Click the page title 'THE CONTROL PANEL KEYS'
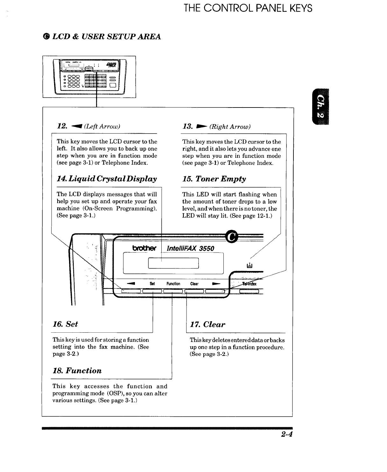tap(248, 8)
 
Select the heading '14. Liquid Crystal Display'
tap(107, 179)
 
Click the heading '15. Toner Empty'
tap(214, 179)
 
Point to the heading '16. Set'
tap(65, 324)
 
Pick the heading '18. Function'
tap(77, 371)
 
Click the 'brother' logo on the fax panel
tap(144, 248)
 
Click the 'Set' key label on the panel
tap(152, 284)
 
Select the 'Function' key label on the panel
tap(173, 284)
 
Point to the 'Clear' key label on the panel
tap(194, 284)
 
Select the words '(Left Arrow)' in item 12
tap(102, 127)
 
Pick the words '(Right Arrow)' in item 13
tap(230, 127)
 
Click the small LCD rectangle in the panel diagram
tap(173, 264)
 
